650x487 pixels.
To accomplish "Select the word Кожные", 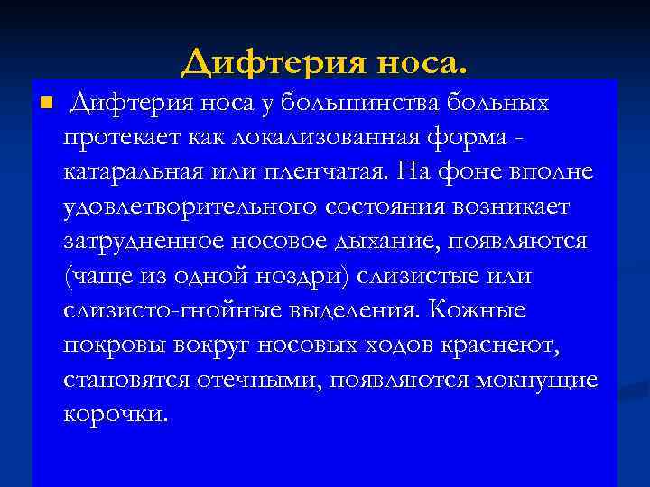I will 478,310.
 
